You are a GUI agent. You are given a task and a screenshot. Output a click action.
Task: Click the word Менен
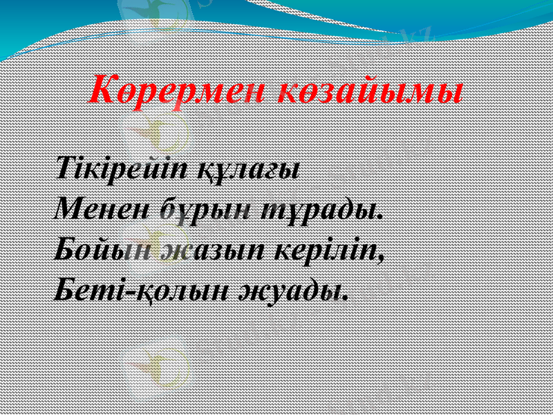click(100, 207)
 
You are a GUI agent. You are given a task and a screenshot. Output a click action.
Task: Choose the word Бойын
click(102, 248)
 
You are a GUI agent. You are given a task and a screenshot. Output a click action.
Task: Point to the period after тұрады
click(379, 214)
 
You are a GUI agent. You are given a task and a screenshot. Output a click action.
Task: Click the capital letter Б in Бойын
click(64, 247)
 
